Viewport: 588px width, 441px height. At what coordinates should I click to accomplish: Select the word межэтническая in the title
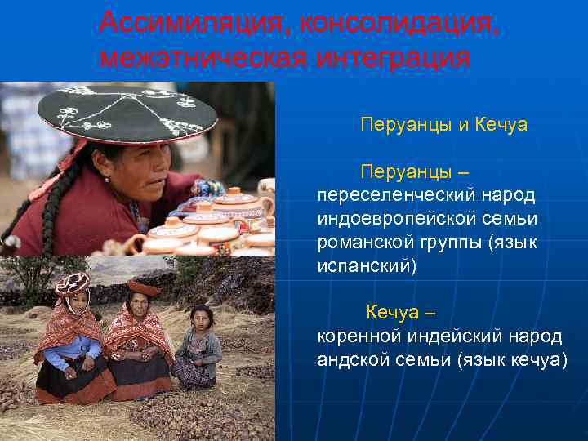(201, 59)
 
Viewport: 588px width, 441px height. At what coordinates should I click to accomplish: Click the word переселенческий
(390, 196)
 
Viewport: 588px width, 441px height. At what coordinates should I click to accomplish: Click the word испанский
(367, 267)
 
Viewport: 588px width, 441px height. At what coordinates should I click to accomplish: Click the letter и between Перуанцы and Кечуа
(462, 126)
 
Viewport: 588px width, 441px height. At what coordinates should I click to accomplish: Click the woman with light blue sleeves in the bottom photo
(69, 343)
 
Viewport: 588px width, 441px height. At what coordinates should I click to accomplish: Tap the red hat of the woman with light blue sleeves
(72, 283)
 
